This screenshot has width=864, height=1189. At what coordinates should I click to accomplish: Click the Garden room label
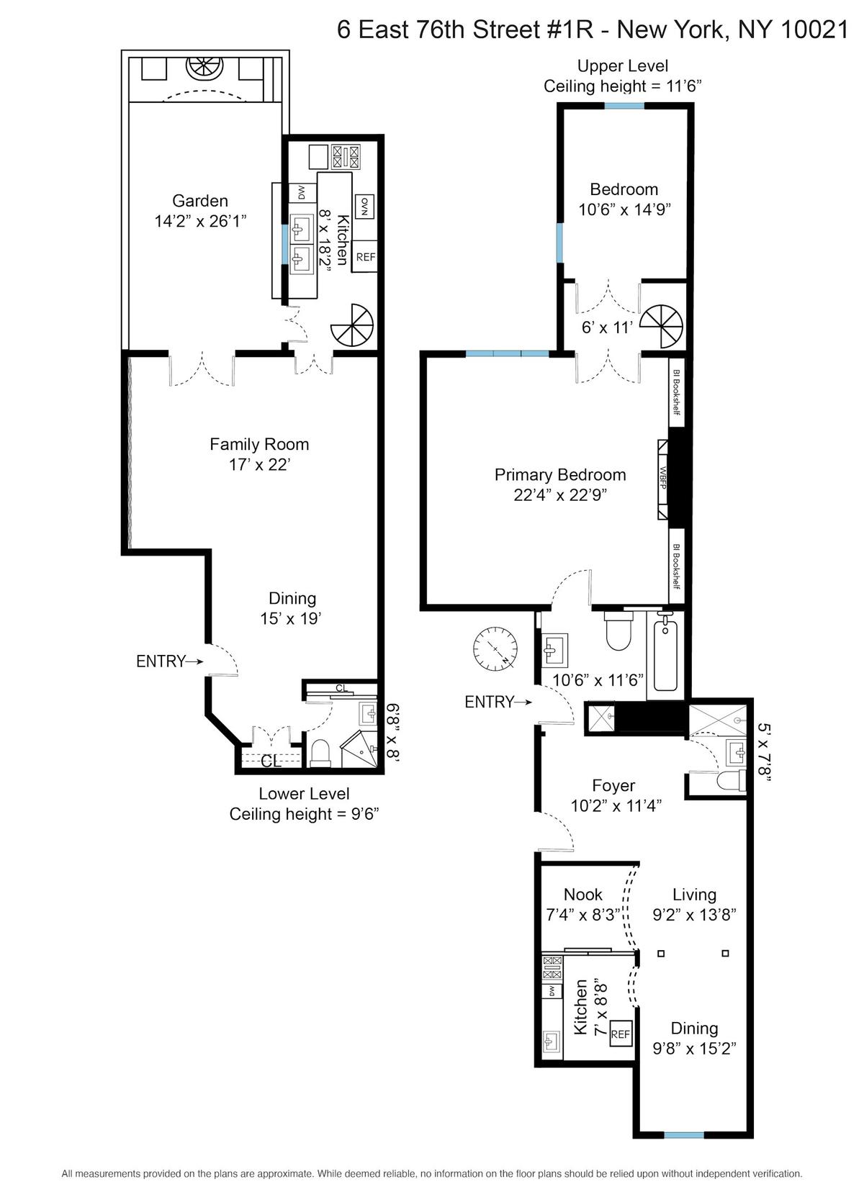199,201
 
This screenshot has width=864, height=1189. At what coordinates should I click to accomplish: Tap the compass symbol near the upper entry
495,648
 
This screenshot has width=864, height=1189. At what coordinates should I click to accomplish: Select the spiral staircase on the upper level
661,326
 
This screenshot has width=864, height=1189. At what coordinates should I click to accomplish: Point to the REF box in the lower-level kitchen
365,256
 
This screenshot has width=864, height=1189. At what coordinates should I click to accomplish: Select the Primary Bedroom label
559,474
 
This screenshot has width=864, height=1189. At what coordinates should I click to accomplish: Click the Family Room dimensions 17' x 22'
259,464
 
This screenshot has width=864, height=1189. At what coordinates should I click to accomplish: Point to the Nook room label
582,895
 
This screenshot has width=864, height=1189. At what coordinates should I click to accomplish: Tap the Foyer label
613,785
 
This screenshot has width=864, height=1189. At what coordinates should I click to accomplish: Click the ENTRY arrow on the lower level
195,661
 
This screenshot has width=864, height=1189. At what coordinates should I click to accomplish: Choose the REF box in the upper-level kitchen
620,1034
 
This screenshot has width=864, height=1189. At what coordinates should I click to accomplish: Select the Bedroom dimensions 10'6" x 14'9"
624,209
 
